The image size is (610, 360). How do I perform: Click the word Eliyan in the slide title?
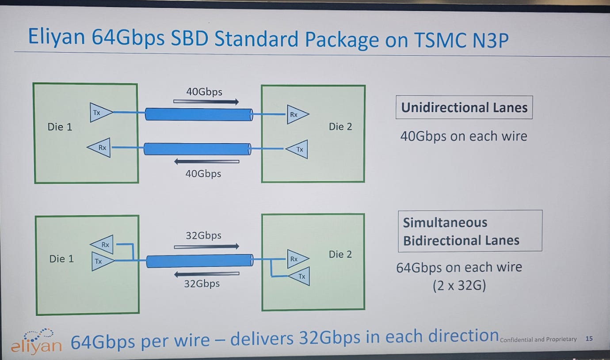(x=56, y=37)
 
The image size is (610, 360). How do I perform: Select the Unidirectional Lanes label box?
(x=464, y=108)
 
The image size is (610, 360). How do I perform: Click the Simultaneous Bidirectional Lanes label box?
(x=470, y=231)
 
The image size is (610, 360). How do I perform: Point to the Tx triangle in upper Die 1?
(x=99, y=113)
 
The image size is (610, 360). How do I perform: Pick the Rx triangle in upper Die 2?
(x=296, y=114)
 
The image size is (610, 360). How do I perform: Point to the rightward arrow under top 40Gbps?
(x=206, y=102)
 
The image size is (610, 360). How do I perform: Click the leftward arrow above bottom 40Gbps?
(x=206, y=162)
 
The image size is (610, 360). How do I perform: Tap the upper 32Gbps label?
(x=203, y=235)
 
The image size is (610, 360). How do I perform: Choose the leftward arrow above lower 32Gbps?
(x=206, y=274)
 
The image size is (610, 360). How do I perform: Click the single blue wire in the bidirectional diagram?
(x=199, y=261)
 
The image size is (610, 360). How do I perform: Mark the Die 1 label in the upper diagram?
(x=60, y=127)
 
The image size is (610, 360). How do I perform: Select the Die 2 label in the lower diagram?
(x=340, y=254)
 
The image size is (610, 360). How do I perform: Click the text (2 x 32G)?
(x=459, y=286)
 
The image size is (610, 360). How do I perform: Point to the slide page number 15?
(x=588, y=339)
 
